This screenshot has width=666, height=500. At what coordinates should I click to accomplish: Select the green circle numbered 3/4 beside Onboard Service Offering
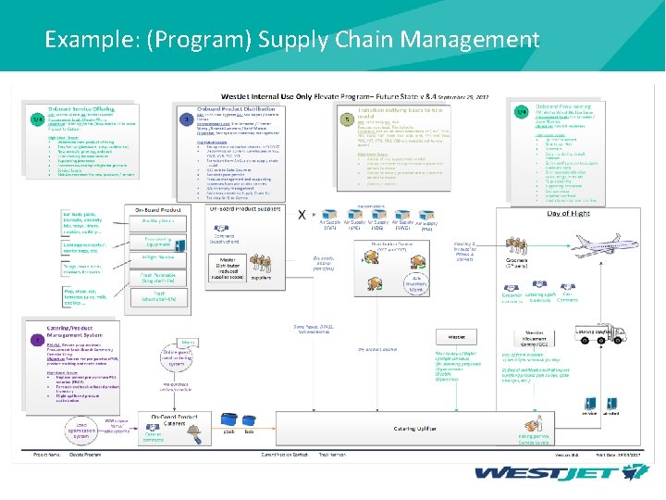37,119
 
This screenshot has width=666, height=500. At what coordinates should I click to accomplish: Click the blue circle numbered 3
189,119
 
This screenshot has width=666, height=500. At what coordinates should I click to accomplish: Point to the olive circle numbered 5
346,119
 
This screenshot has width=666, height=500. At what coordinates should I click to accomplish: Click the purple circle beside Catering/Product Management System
38,340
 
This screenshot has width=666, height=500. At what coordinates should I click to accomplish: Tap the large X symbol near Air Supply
302,214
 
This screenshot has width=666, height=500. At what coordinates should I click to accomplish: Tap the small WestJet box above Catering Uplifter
456,337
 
